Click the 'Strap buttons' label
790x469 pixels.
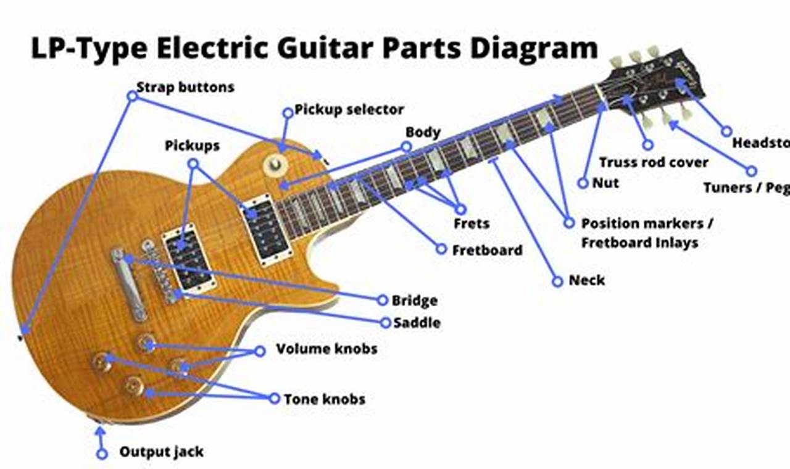pyautogui.click(x=185, y=87)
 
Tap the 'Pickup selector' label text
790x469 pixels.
pyautogui.click(x=349, y=110)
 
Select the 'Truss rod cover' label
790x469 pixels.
pyautogui.click(x=654, y=163)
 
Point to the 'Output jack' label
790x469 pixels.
pyautogui.click(x=161, y=452)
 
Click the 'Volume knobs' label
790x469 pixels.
pyautogui.click(x=326, y=349)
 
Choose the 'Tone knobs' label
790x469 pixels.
pyautogui.click(x=324, y=399)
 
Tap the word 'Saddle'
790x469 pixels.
pyautogui.click(x=417, y=322)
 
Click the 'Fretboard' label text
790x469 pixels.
pyautogui.click(x=487, y=250)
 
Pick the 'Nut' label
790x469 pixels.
pyautogui.click(x=605, y=183)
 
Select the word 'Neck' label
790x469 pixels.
pyautogui.click(x=586, y=280)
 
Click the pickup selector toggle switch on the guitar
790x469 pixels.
pyautogui.click(x=275, y=164)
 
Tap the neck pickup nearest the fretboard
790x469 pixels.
pyautogui.click(x=267, y=230)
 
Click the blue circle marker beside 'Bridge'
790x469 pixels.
pyautogui.click(x=382, y=300)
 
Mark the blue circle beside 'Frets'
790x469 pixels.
pyautogui.click(x=460, y=209)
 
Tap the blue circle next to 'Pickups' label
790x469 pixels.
pyautogui.click(x=193, y=164)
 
